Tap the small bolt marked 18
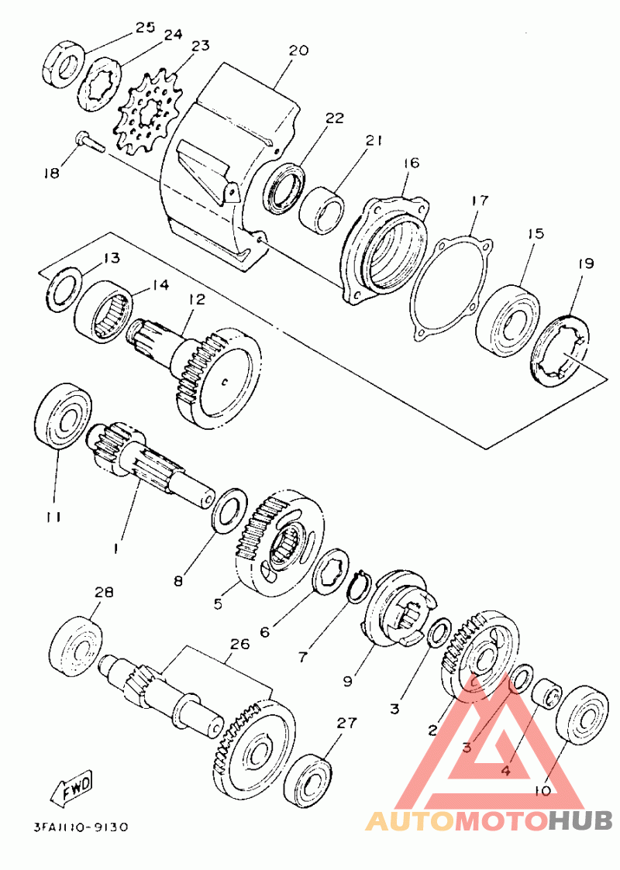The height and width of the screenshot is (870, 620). [89, 140]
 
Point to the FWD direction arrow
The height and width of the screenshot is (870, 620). [72, 788]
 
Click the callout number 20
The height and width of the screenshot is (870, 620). [298, 50]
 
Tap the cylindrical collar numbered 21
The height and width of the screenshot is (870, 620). [322, 210]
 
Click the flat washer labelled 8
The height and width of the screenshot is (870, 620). [229, 511]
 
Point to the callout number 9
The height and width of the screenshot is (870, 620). [347, 681]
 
